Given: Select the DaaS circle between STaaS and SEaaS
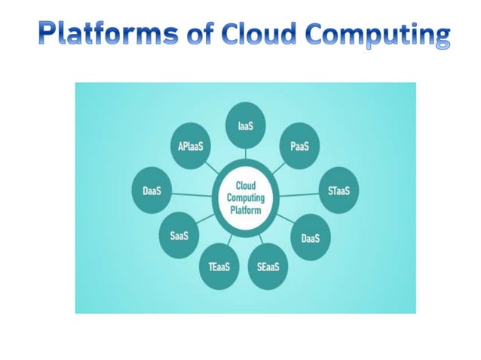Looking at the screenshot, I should pyautogui.click(x=311, y=237).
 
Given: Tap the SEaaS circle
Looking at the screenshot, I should pyautogui.click(x=267, y=266).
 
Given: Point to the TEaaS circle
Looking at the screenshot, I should pyautogui.click(x=219, y=267).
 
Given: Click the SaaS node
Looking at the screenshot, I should pyautogui.click(x=179, y=236).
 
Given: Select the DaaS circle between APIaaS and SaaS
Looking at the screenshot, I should pyautogui.click(x=152, y=191).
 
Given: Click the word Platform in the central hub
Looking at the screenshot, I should pyautogui.click(x=245, y=211).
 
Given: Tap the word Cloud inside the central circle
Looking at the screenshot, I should pyautogui.click(x=245, y=185).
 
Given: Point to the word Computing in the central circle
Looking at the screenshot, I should pyautogui.click(x=245, y=198).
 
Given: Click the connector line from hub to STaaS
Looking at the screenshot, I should pyautogui.click(x=299, y=195).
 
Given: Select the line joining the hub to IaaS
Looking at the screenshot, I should pyautogui.click(x=245, y=154).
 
